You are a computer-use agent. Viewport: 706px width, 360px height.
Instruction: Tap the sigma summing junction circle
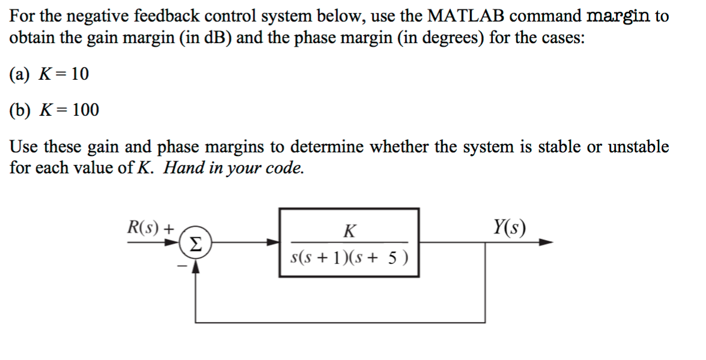[x=196, y=243]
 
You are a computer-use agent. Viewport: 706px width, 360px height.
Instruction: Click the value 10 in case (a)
[x=79, y=74]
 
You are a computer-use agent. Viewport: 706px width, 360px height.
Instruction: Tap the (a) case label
[x=20, y=74]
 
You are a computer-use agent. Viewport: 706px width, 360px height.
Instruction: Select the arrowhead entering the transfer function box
[x=274, y=242]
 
